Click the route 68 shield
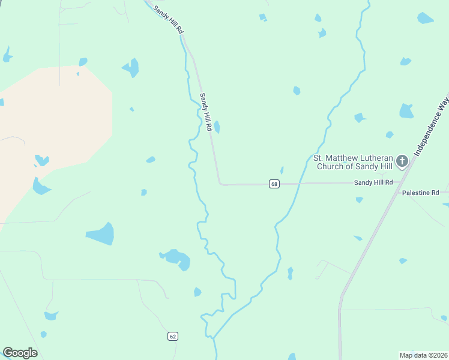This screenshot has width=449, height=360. pyautogui.click(x=274, y=184)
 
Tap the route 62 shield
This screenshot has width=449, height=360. pyautogui.click(x=173, y=337)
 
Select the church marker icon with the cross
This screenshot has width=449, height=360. pyautogui.click(x=402, y=161)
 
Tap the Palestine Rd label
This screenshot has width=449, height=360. pyautogui.click(x=421, y=193)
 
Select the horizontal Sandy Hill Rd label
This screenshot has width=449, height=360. pyautogui.click(x=373, y=182)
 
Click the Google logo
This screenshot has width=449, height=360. pyautogui.click(x=20, y=353)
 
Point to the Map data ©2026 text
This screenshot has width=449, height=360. pyautogui.click(x=423, y=355)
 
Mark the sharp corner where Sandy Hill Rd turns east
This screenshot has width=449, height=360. pyautogui.click(x=220, y=184)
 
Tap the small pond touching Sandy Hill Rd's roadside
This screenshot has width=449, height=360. pyautogui.click(x=217, y=127)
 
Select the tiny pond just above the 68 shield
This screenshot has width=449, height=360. pyautogui.click(x=282, y=170)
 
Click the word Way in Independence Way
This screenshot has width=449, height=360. pyautogui.click(x=443, y=103)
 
